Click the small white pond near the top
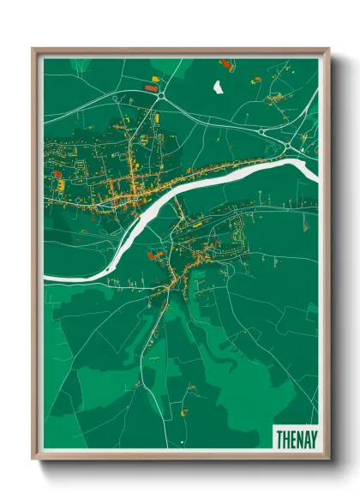pyautogui.click(x=218, y=86)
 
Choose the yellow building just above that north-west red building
pyautogui.click(x=155, y=80)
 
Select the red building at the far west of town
pyautogui.click(x=57, y=174)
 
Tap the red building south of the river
pyautogui.click(x=153, y=254)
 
